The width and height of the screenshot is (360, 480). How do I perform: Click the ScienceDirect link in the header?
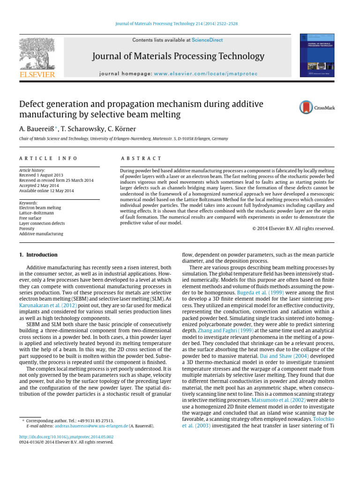[x=207, y=40]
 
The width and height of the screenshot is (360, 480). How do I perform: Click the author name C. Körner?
[x=123, y=128]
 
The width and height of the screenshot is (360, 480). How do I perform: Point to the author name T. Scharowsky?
[x=81, y=128]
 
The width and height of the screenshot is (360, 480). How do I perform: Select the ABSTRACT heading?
[x=141, y=159]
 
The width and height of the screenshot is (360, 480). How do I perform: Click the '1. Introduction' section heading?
[x=38, y=255]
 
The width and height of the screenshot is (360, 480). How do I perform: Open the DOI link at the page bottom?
[x=66, y=436]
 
